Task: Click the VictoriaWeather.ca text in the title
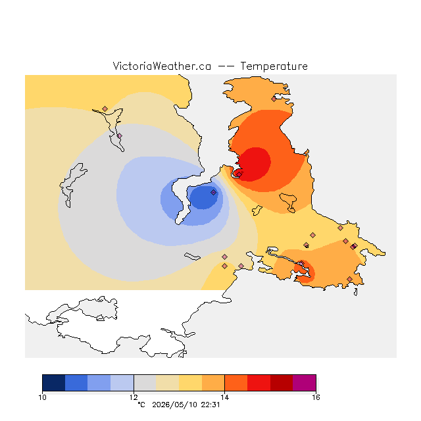[162, 66]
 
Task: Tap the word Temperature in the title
[274, 66]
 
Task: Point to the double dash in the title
[226, 66]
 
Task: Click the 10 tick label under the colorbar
[42, 397]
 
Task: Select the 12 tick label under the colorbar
[134, 397]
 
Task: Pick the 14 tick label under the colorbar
[224, 397]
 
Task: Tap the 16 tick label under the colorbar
[316, 397]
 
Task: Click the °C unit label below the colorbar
[141, 405]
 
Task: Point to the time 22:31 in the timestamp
[210, 405]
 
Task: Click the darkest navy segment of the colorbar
[54, 383]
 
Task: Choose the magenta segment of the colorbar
[304, 383]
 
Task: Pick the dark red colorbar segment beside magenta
[282, 383]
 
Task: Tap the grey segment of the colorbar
[145, 383]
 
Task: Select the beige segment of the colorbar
[168, 383]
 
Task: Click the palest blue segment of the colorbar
[122, 383]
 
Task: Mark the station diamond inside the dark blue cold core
[213, 192]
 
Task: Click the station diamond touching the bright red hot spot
[239, 174]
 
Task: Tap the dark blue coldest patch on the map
[203, 197]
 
